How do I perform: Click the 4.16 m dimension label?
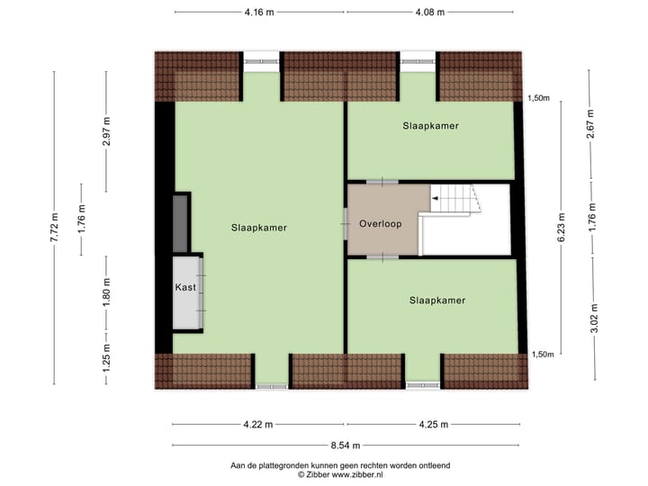point(258,13)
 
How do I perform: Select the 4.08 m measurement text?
point(431,13)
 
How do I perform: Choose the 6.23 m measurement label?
point(562,228)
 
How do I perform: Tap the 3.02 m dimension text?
point(591,319)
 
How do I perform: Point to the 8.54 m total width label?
point(346,445)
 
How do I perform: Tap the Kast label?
point(185,287)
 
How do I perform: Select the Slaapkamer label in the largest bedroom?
point(258,228)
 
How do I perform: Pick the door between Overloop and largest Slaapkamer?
point(346,223)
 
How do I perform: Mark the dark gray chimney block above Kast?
point(180,222)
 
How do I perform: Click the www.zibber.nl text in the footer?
point(373,474)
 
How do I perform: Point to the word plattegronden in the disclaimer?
point(288,464)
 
